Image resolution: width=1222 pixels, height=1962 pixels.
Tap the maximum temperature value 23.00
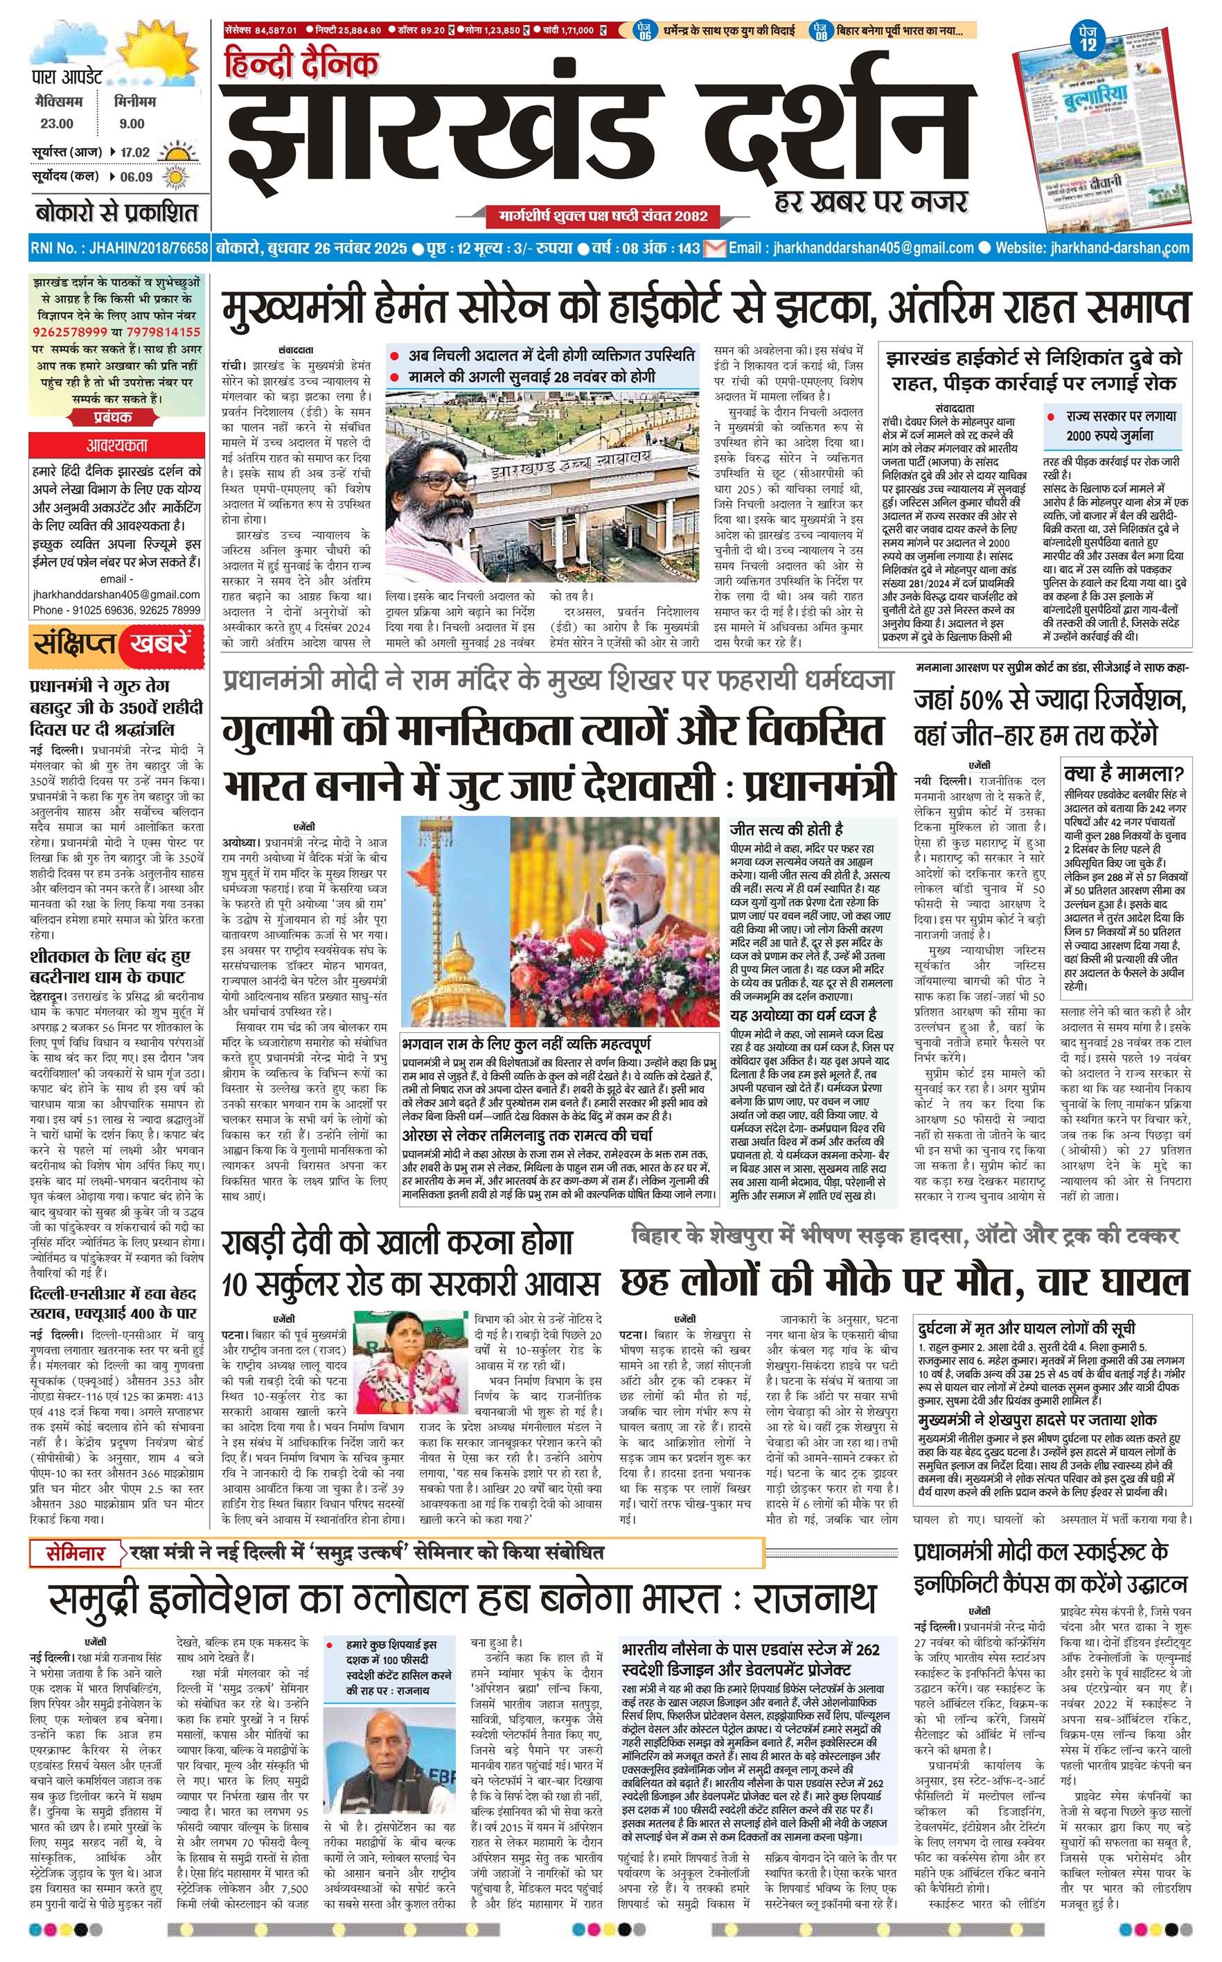57,123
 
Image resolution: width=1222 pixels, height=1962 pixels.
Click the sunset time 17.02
135,152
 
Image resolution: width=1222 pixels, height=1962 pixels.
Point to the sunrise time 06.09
135,177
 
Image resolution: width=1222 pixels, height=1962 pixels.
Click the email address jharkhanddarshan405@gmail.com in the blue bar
872,248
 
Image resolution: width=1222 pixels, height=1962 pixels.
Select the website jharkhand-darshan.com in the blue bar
1115,248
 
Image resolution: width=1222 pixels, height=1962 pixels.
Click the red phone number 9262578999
71,332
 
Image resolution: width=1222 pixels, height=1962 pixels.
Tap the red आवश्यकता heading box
116,445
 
